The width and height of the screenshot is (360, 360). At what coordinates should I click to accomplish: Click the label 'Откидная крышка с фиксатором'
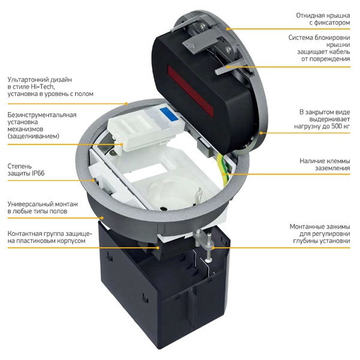coord(323,19)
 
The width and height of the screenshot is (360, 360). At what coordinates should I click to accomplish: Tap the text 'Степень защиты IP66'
coord(26,170)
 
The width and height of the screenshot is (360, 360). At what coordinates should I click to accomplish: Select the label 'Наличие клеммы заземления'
coord(325,164)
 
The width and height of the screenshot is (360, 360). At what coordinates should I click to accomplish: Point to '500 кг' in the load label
coord(341,126)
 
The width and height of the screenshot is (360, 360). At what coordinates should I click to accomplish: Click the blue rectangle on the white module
coord(169,114)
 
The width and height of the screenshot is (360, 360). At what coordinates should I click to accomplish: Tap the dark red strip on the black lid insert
coord(190,91)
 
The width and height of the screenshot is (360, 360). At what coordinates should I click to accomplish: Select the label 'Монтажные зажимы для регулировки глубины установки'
coord(320,234)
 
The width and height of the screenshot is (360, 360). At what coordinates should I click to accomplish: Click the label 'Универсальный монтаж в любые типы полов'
coord(43,208)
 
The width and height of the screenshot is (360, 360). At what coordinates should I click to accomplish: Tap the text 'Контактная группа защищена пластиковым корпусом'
coord(50,237)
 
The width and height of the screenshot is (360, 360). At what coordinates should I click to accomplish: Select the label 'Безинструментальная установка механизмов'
coord(42,125)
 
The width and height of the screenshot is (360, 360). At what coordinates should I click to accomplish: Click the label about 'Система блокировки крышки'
coord(319,48)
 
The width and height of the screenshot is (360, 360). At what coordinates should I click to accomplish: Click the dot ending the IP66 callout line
coord(93,180)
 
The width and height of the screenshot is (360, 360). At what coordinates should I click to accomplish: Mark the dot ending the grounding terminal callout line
coord(226,174)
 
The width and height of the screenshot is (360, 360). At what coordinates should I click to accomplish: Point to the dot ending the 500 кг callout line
coord(261,133)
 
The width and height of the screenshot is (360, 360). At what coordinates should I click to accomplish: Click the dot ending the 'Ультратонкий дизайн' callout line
coord(126,104)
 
